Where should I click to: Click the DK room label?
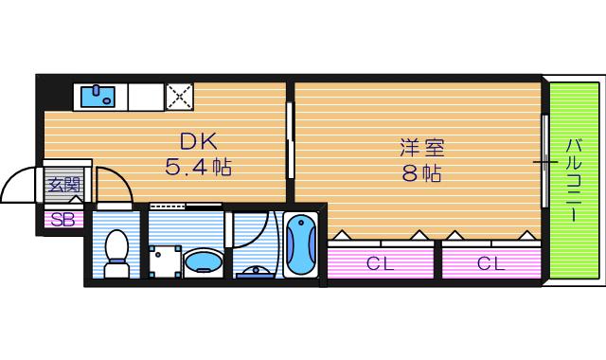coord(199,141)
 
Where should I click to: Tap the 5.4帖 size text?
coord(199,168)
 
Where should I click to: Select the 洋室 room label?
coord(422,148)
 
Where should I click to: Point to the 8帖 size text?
coord(422,173)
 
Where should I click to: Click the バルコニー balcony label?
coord(574,180)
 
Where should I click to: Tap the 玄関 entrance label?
coord(64,185)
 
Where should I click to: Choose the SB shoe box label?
coord(62,220)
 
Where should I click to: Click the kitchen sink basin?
coord(98,97)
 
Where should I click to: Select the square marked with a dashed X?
coord(180,97)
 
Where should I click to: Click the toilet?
coord(116,253)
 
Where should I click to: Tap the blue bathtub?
coord(301,244)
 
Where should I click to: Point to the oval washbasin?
coord(204,261)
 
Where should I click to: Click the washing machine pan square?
coord(165,261)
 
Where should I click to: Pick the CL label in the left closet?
coord(380,263)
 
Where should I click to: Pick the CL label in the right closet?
coord(490,263)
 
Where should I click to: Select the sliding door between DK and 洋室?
coord(291,140)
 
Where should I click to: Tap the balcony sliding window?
coord(545,161)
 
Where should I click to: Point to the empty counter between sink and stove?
coord(146,97)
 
